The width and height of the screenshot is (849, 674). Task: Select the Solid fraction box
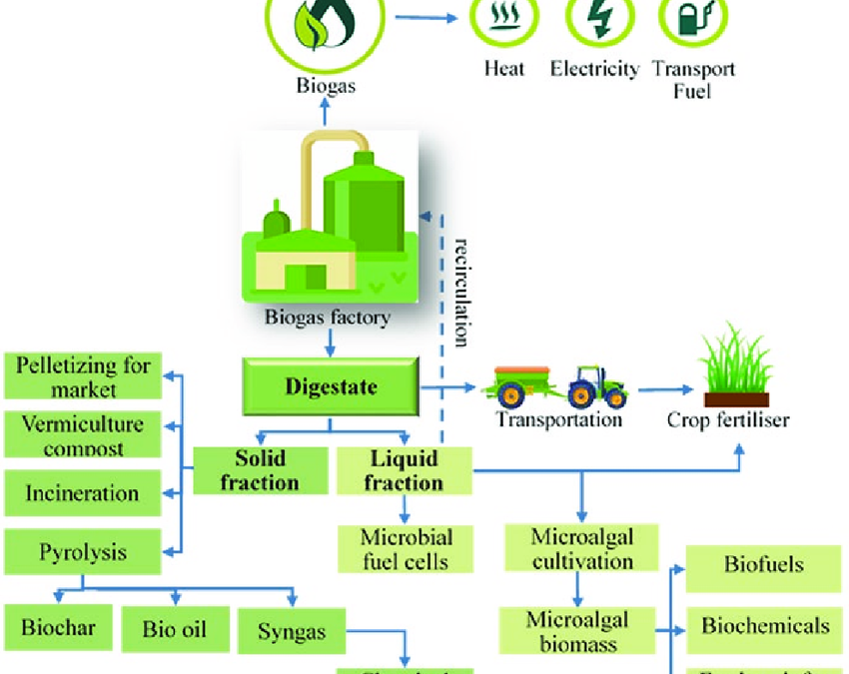[261, 470]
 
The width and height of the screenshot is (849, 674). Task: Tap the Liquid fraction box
[404, 470]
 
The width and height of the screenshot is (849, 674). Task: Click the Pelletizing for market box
[84, 376]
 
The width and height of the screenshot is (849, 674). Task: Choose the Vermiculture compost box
[84, 434]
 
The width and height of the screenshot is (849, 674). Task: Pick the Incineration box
[83, 493]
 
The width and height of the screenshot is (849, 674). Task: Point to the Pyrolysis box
[83, 550]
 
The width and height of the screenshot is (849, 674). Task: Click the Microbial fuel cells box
[404, 548]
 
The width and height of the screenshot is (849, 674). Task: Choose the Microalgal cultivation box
[582, 548]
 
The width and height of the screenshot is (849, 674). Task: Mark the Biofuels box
[764, 564]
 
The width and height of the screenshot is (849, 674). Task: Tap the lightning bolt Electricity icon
[600, 19]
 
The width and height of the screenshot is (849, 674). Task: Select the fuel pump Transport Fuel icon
[692, 19]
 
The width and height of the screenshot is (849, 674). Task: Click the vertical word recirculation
[461, 291]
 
